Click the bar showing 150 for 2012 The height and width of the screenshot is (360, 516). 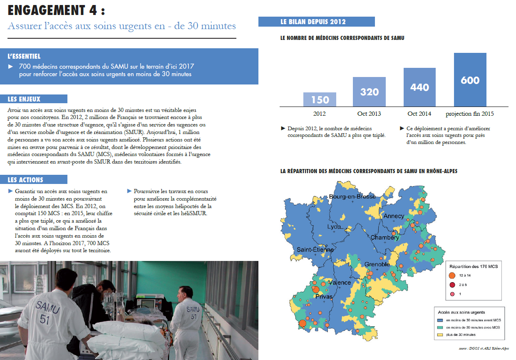(x=320, y=99)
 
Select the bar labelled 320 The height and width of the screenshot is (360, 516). (x=369, y=92)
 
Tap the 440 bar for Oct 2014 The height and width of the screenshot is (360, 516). (x=419, y=87)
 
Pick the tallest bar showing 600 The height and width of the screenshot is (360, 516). (x=470, y=79)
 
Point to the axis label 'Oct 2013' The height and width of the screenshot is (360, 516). (x=369, y=114)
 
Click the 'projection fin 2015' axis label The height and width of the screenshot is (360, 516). (x=470, y=114)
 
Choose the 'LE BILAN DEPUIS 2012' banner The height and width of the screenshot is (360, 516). (x=316, y=22)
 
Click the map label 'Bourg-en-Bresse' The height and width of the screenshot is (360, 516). (x=352, y=196)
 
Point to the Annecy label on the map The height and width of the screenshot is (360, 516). (x=394, y=216)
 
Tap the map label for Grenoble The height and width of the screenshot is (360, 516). (x=377, y=264)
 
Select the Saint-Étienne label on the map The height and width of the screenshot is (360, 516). (x=315, y=250)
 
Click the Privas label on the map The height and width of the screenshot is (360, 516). (x=324, y=296)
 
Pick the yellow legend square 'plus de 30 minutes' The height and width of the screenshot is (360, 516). (x=442, y=335)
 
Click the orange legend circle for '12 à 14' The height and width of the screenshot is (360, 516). (x=452, y=276)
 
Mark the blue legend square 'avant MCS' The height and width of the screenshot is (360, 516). (x=442, y=320)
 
